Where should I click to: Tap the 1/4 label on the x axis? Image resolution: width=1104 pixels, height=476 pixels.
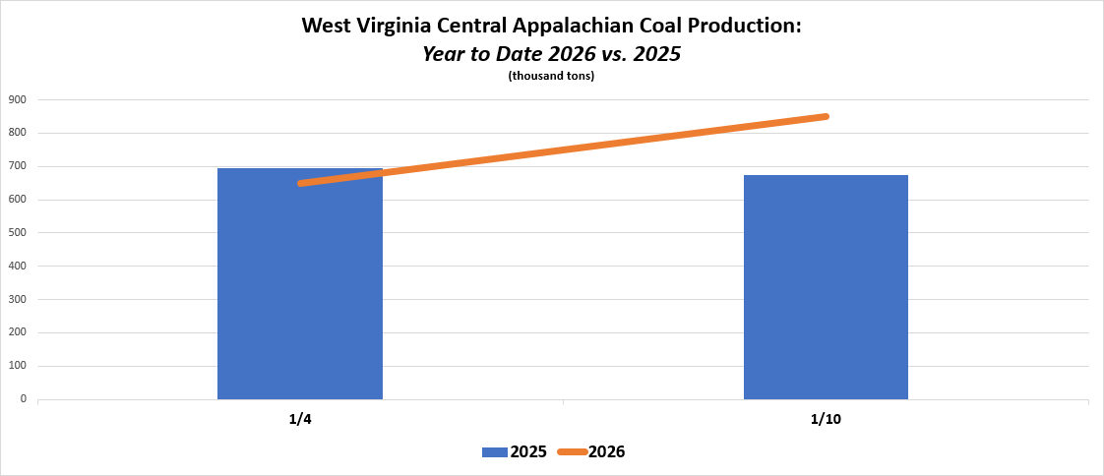coord(300,420)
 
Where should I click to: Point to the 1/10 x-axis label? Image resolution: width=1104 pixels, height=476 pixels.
coord(826,420)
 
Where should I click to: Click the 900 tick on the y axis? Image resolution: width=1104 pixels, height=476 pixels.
coord(18,99)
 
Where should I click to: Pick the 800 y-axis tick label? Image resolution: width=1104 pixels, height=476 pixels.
coord(18,133)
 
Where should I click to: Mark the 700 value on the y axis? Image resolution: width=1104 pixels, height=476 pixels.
coord(18,166)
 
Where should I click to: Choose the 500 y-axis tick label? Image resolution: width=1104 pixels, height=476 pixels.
coord(18,233)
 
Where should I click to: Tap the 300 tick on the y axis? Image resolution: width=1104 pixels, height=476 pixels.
coord(18,299)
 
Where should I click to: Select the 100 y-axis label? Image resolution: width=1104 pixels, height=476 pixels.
coord(18,366)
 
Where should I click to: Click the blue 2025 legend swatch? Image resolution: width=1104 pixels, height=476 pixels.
coord(494,452)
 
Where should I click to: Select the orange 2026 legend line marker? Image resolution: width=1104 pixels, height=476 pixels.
coord(572,452)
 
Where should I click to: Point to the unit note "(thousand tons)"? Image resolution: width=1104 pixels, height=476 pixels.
coord(551,76)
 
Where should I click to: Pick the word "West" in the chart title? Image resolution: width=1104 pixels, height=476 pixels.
coord(326,27)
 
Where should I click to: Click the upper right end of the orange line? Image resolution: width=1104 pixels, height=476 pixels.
coord(826,116)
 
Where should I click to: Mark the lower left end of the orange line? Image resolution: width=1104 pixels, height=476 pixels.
coord(300,183)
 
